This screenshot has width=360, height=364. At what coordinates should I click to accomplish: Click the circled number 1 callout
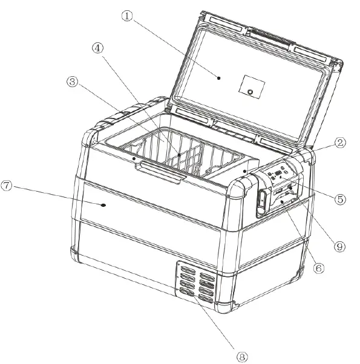click(126, 16)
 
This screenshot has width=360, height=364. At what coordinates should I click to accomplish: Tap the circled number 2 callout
click(340, 143)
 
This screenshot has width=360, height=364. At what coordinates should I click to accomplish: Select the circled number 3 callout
click(73, 82)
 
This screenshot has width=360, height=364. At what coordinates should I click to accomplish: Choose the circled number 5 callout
click(341, 198)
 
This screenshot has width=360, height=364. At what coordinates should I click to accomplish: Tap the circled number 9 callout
click(339, 246)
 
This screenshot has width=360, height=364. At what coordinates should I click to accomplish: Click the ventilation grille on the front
click(195, 281)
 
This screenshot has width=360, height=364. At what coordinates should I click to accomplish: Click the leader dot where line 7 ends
click(103, 205)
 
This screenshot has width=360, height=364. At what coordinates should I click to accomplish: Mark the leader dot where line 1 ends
click(218, 77)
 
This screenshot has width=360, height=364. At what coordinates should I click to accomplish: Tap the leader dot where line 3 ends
click(133, 159)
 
